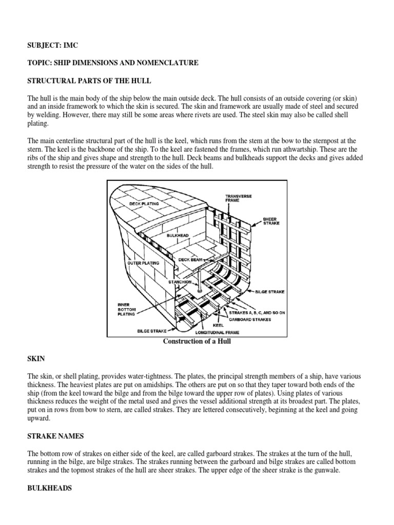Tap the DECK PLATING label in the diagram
144,203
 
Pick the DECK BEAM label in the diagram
190,259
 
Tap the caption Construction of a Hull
196,341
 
